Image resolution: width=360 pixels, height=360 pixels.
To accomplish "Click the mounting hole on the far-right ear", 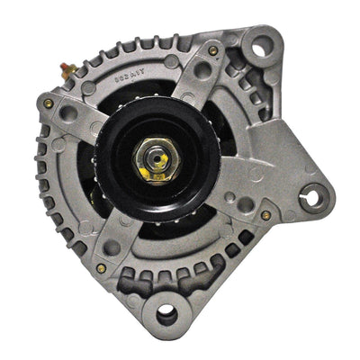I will [x=314, y=195].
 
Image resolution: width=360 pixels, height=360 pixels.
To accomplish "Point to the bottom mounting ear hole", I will [x=166, y=314].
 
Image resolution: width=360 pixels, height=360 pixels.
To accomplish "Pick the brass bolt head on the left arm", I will [x=47, y=103].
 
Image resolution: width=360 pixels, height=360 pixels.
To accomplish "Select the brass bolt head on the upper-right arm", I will [x=212, y=51].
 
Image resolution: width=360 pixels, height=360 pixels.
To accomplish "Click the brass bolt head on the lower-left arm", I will [x=101, y=267].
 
